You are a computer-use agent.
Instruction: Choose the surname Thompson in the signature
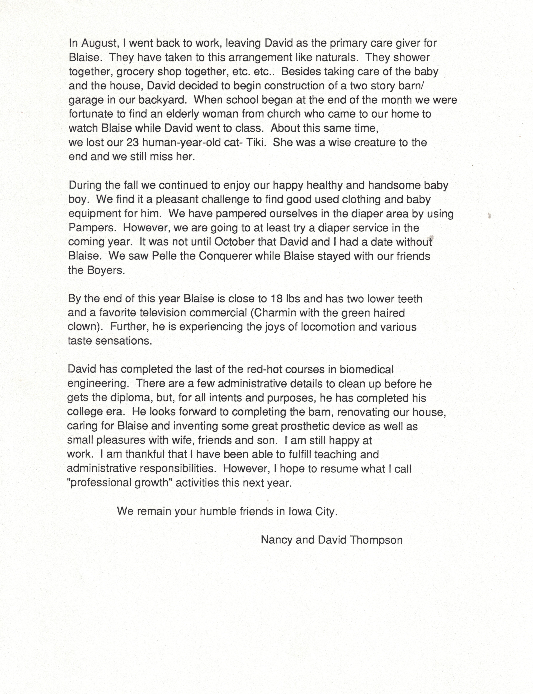376,540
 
